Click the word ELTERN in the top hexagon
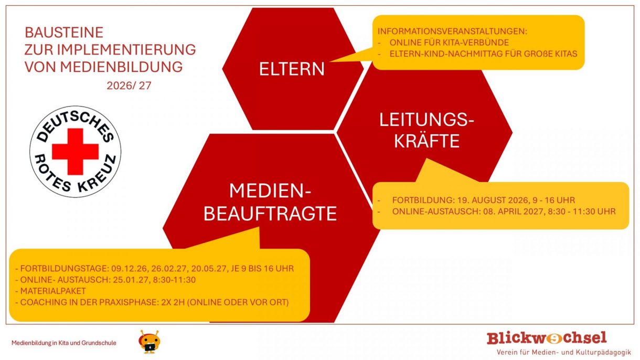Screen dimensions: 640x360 tap(292, 69)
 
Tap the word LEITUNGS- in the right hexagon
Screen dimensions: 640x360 tap(426, 120)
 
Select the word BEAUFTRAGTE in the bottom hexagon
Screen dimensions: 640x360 tap(270, 214)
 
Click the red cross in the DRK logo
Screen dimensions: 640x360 tap(76, 152)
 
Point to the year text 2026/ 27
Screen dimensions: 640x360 tap(129, 86)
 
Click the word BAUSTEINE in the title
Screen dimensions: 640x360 tap(64, 33)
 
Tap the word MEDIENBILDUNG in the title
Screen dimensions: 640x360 tap(121, 67)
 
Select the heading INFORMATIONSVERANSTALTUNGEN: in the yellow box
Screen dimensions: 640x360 tap(452, 31)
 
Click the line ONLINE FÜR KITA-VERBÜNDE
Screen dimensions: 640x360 tap(449, 43)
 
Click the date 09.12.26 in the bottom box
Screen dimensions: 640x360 tap(129, 269)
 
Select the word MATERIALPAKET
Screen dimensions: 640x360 tap(53, 291)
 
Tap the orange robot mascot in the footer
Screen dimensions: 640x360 tap(149, 342)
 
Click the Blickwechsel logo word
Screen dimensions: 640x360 tap(547, 338)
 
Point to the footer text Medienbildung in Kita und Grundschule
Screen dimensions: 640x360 tap(64, 343)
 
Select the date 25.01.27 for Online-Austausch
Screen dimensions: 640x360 tap(131, 280)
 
